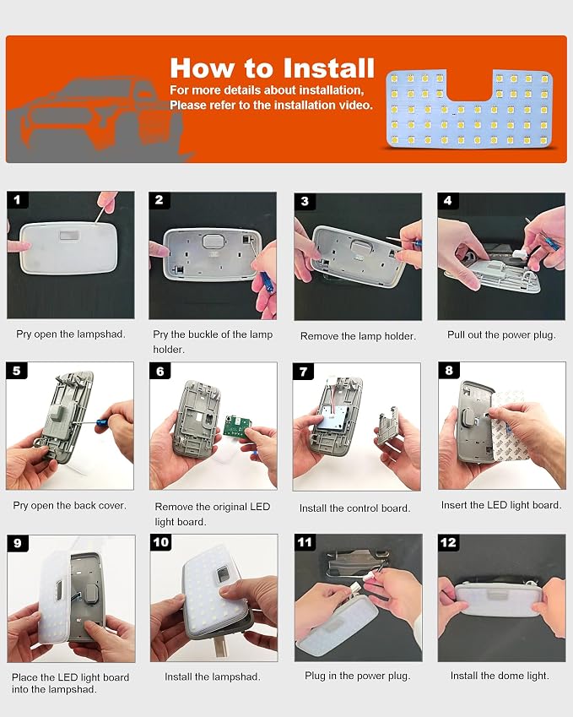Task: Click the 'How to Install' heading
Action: coord(273,68)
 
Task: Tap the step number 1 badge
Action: coord(18,200)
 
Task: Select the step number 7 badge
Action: coord(303,372)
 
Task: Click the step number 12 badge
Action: coord(448,543)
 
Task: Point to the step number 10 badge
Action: coord(161,542)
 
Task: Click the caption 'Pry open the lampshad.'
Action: coord(71,334)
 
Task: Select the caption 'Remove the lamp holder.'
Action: coord(359,336)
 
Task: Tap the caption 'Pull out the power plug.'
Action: coord(501,334)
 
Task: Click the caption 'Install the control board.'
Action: coord(355,508)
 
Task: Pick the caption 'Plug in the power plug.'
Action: coord(358,676)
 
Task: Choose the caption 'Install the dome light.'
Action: coord(500,676)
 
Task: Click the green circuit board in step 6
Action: coord(238,426)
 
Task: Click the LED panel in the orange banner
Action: coord(469,109)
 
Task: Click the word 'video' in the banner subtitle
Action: coord(356,106)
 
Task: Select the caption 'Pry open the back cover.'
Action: coord(70,505)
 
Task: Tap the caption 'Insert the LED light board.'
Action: coord(501,505)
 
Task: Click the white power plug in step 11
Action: coord(359,584)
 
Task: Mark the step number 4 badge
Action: coord(448,201)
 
